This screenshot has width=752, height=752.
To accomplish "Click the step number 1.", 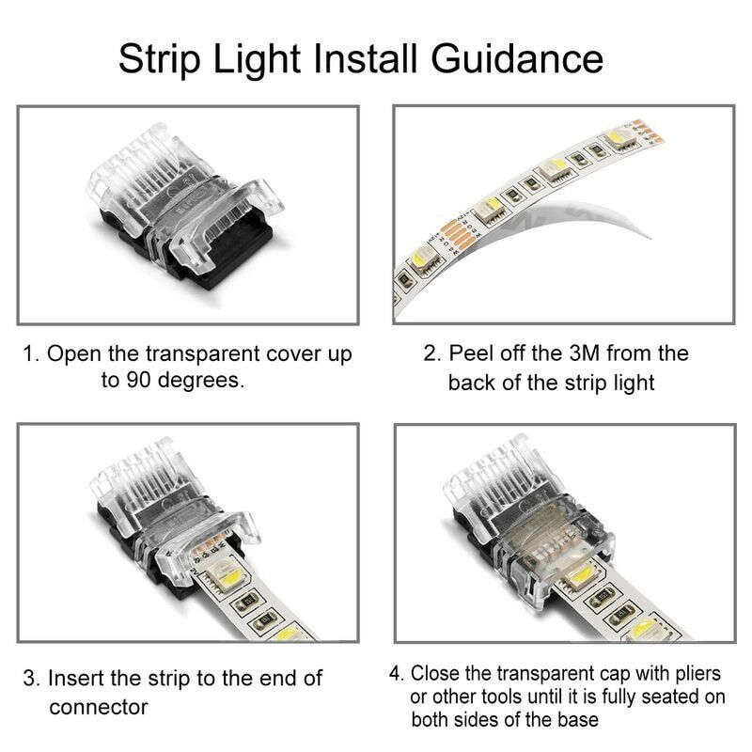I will pyautogui.click(x=29, y=355).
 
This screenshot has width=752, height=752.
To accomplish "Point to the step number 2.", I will pyautogui.click(x=430, y=354).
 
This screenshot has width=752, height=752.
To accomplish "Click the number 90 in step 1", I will pyautogui.click(x=136, y=381).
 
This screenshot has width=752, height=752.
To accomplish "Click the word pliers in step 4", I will pyautogui.click(x=696, y=675).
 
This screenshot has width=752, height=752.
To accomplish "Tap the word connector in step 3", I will pyautogui.click(x=97, y=707).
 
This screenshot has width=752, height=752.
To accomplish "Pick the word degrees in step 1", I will pyautogui.click(x=204, y=382).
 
